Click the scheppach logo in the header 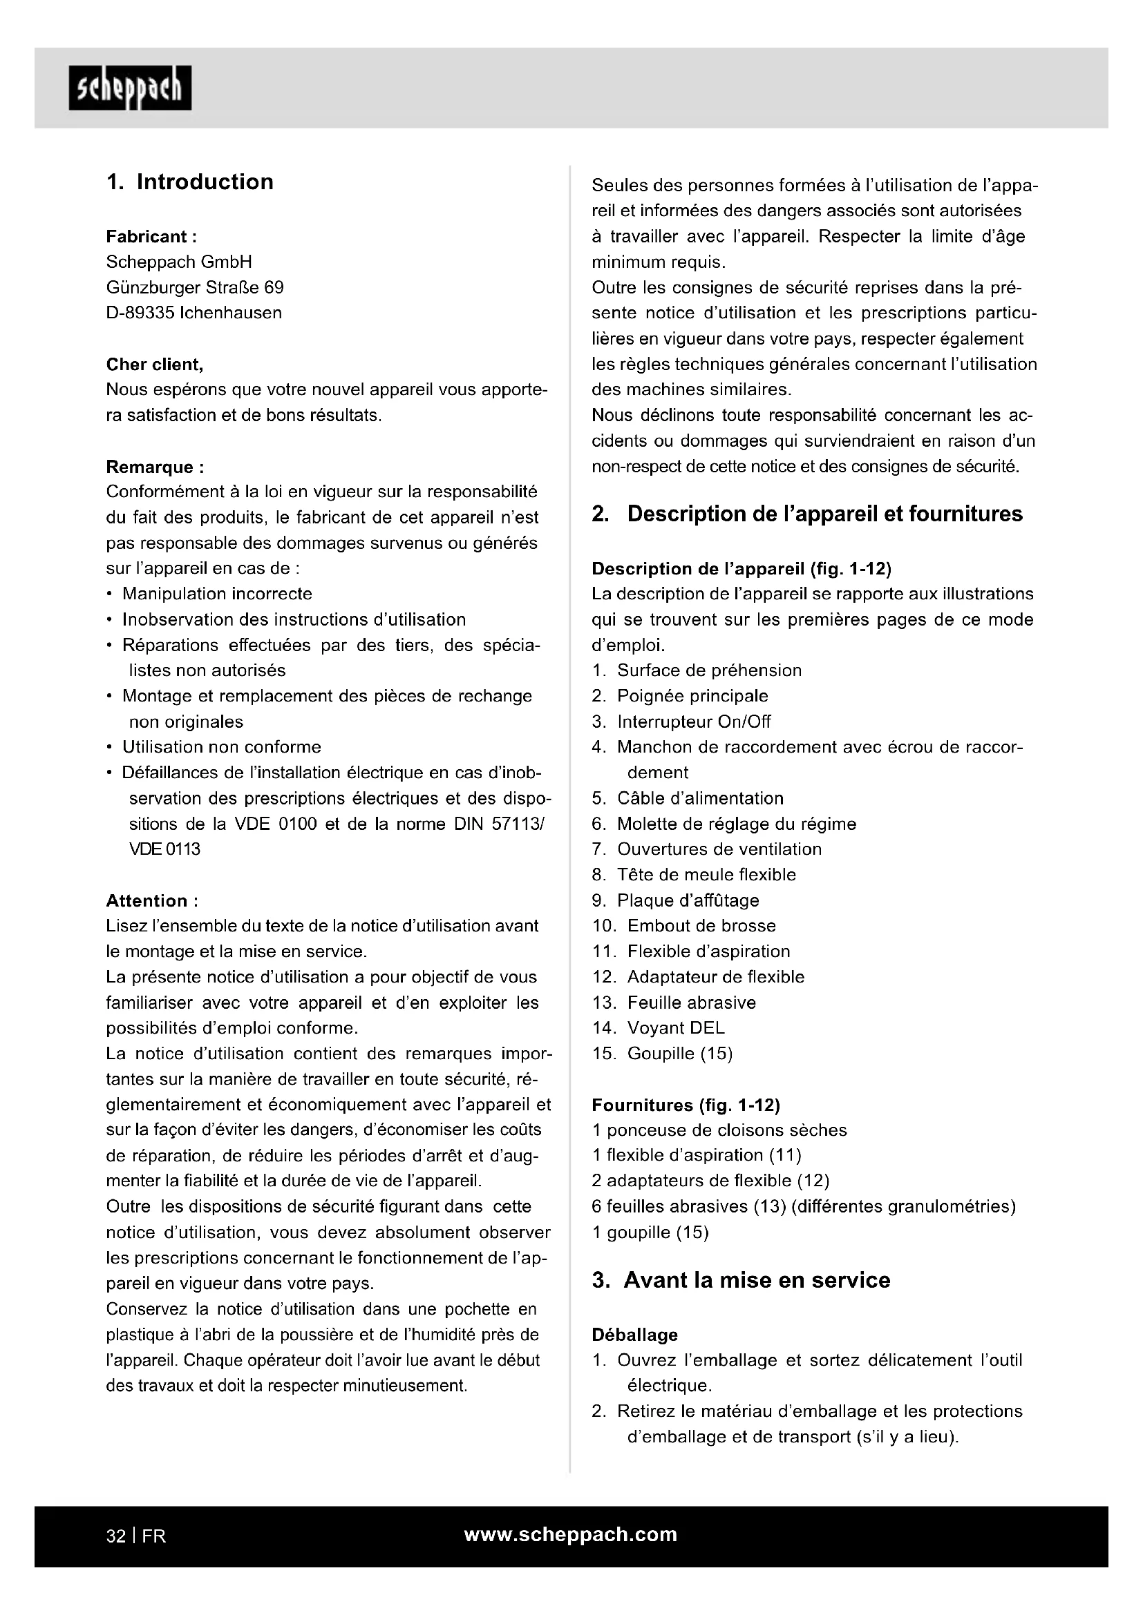(130, 88)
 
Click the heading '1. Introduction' (190, 182)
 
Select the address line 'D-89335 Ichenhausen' (193, 313)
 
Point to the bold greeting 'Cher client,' (155, 365)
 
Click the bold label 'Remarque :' (155, 467)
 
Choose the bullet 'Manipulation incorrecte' (217, 594)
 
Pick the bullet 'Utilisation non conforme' (222, 747)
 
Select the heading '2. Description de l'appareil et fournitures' (807, 514)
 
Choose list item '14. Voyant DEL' (658, 1028)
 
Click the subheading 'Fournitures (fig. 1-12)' (686, 1105)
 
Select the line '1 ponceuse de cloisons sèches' (719, 1130)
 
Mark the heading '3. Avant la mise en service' (741, 1280)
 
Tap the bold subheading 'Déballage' (634, 1335)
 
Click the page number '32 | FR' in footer (136, 1536)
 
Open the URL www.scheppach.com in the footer (571, 1535)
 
